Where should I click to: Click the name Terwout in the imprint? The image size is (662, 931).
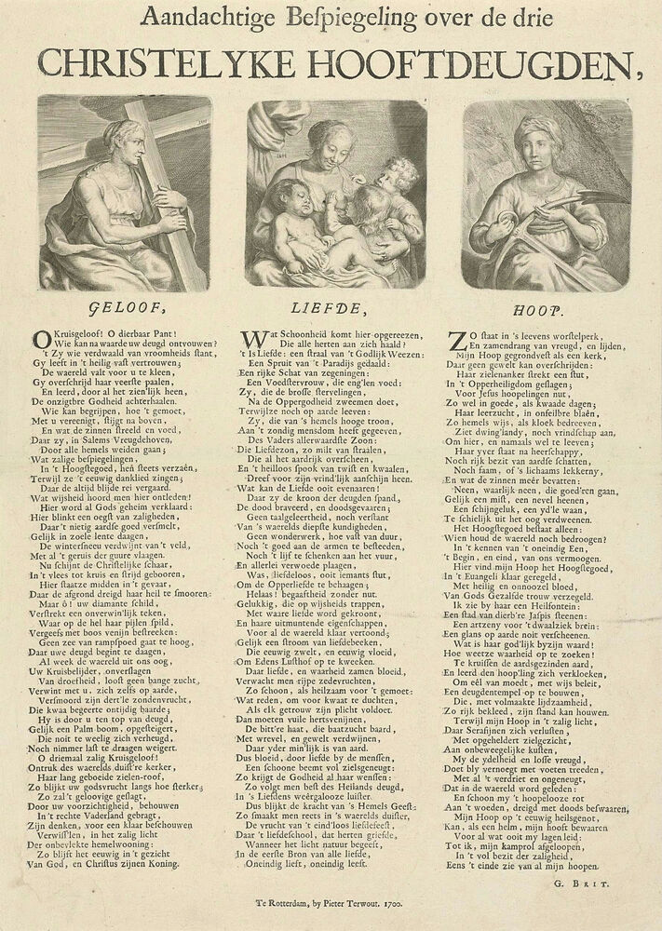pos(370,903)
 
